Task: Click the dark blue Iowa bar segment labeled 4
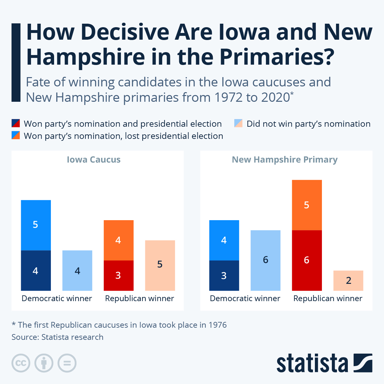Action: click(x=36, y=271)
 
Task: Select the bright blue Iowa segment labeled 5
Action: click(x=36, y=225)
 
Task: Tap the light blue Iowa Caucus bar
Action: click(x=77, y=271)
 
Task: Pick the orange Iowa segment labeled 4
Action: click(x=118, y=240)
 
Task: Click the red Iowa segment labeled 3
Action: click(x=118, y=276)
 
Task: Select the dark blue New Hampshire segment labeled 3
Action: click(x=224, y=276)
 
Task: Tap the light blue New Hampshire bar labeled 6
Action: click(x=265, y=260)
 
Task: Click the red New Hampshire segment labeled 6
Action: click(x=307, y=260)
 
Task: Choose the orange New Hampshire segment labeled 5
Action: click(x=307, y=205)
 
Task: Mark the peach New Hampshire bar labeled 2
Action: click(x=348, y=281)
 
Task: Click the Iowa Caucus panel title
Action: click(x=94, y=160)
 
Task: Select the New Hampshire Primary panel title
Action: click(x=285, y=160)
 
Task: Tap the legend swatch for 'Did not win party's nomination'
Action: click(x=238, y=124)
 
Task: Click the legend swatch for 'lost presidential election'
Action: click(x=16, y=135)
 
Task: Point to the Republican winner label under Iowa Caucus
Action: click(x=140, y=299)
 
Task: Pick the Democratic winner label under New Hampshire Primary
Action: click(x=245, y=299)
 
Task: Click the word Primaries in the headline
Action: click(x=276, y=57)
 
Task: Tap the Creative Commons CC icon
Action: click(x=21, y=363)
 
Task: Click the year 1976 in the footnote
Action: click(x=218, y=325)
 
